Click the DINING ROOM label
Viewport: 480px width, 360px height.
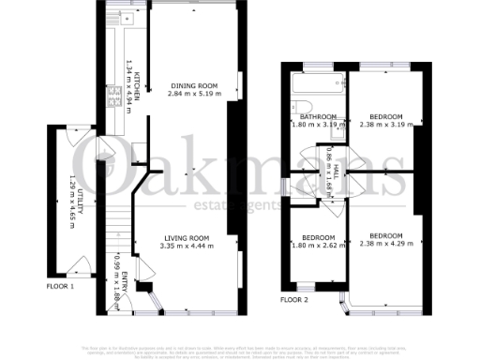pos(195,86)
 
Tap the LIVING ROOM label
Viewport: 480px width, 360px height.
pos(187,238)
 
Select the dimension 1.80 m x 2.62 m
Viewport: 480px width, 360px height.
pos(310,247)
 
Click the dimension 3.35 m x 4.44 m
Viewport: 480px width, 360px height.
pos(187,247)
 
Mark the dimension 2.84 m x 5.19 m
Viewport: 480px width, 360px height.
pos(195,95)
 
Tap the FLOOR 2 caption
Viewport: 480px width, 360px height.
pos(293,300)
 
